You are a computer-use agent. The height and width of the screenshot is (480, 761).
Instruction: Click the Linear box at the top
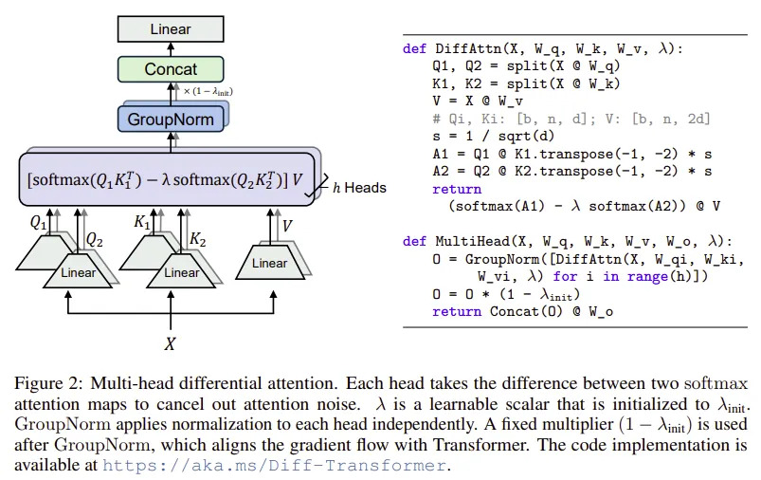coord(171,28)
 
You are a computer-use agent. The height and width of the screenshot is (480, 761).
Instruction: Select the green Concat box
coord(171,69)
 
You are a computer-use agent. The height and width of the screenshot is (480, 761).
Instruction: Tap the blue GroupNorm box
coord(171,119)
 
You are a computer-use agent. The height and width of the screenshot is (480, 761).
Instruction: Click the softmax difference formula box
coord(167,179)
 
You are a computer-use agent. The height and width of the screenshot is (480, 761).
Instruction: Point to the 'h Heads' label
coord(359,188)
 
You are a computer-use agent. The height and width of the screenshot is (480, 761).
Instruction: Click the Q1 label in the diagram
coord(38,223)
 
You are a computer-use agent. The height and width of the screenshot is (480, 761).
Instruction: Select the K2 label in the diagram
coord(197,239)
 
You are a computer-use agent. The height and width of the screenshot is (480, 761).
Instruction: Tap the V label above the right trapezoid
coord(287,226)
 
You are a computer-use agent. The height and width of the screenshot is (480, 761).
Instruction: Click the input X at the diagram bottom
coord(170,344)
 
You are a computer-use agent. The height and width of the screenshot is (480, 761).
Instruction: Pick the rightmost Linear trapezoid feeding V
coord(270,263)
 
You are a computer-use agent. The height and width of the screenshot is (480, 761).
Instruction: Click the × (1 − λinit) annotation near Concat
coord(208,91)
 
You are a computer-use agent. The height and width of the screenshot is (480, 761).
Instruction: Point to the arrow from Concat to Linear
coord(171,49)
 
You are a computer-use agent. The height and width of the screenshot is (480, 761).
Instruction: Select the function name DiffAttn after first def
coord(468,48)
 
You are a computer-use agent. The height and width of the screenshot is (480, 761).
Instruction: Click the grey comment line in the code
coord(571,119)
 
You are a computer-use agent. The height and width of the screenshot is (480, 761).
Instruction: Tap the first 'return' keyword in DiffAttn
coord(457,189)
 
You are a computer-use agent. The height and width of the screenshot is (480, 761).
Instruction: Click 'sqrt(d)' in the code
coord(526,136)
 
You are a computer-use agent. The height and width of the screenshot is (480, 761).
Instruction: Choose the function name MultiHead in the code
coord(472,241)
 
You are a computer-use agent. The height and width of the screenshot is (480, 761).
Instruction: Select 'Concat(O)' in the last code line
coord(526,311)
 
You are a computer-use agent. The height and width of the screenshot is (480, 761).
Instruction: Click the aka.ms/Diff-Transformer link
coord(274,466)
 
